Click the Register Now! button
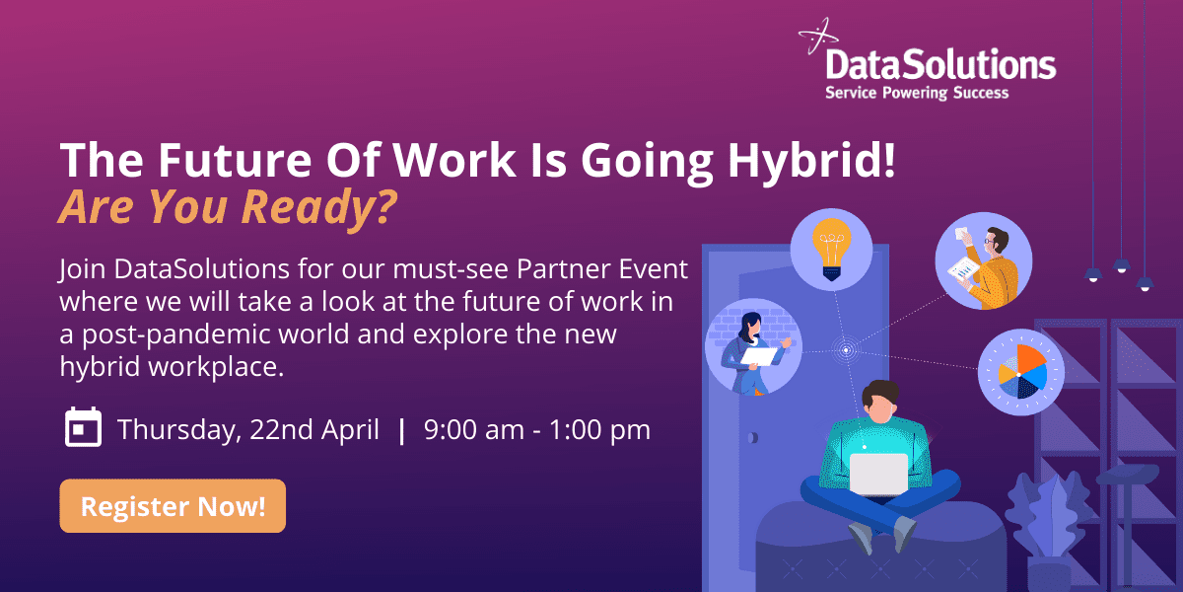pyautogui.click(x=173, y=506)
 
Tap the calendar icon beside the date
pyautogui.click(x=84, y=427)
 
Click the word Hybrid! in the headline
pyautogui.click(x=811, y=161)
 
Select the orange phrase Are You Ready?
pyautogui.click(x=228, y=206)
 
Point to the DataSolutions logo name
pyautogui.click(x=940, y=65)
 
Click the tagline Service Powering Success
pyautogui.click(x=917, y=93)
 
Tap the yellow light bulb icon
pyautogui.click(x=831, y=250)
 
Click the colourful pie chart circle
pyautogui.click(x=1021, y=372)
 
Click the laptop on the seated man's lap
pyautogui.click(x=878, y=474)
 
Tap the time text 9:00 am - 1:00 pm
pyautogui.click(x=537, y=429)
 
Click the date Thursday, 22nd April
pyautogui.click(x=248, y=430)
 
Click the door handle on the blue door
pyautogui.click(x=752, y=438)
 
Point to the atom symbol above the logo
pyautogui.click(x=818, y=36)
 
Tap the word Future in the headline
pyautogui.click(x=235, y=160)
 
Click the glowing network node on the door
pyautogui.click(x=846, y=350)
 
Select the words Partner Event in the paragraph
pyautogui.click(x=602, y=268)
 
